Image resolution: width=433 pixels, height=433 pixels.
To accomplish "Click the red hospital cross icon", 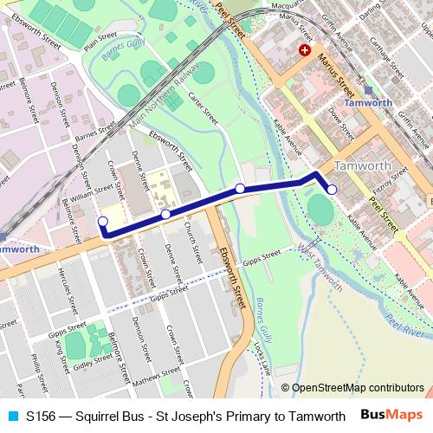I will click(x=305, y=51).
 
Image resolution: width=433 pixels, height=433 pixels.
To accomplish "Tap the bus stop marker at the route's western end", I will click(x=103, y=222).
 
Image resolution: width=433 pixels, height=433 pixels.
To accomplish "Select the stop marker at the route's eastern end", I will click(x=332, y=189).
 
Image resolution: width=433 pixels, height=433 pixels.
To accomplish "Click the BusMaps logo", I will click(x=392, y=416).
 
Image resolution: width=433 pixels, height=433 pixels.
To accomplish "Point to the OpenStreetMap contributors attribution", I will click(x=352, y=388).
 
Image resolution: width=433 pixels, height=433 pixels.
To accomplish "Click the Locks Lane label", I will click(x=260, y=360).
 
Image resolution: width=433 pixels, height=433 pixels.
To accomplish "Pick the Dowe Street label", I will click(x=341, y=121).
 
